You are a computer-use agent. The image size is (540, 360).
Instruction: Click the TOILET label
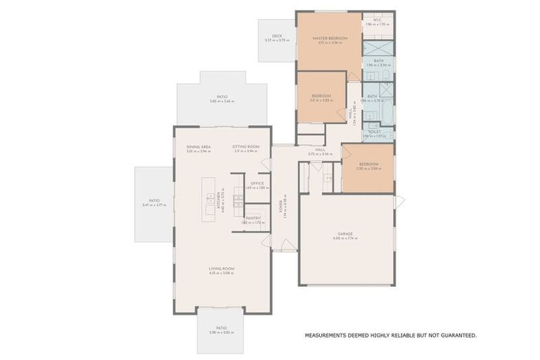coord(375,131)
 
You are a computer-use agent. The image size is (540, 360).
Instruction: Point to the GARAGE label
coord(345,233)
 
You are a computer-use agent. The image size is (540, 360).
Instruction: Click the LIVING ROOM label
coord(221,269)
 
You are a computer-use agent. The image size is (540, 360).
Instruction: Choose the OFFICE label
coord(257,184)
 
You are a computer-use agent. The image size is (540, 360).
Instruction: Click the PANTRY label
coord(253,218)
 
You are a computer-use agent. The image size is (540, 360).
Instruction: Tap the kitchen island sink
coord(211,209)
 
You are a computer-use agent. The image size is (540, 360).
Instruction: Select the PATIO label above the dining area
coord(222,97)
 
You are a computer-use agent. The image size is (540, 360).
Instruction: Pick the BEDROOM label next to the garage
coord(368,164)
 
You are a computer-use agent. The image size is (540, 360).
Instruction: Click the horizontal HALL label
coord(319,149)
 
